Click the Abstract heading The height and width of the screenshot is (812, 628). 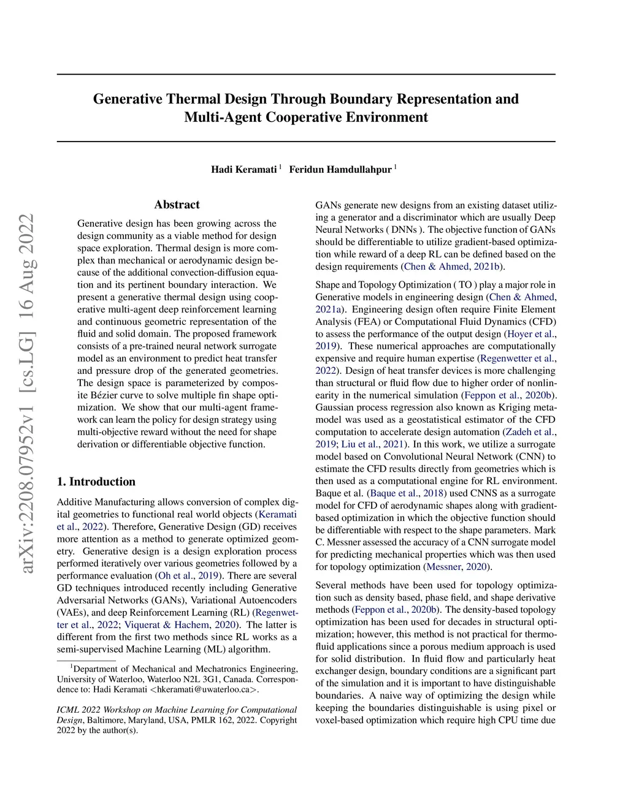coord(177,205)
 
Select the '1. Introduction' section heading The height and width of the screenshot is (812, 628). coord(96,482)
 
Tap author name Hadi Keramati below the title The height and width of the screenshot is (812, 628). coord(243,170)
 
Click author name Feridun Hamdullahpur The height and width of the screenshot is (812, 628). coord(340,170)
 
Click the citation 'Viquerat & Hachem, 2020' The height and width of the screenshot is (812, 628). coord(182,624)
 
